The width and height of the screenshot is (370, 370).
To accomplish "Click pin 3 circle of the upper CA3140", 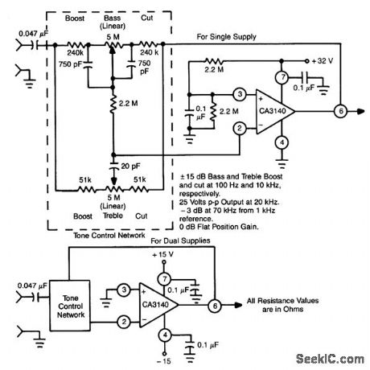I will click(238, 95).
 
